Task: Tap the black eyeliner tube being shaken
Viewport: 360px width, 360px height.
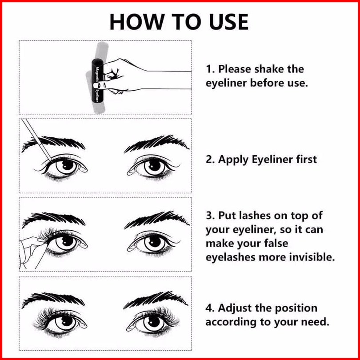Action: (x=97, y=81)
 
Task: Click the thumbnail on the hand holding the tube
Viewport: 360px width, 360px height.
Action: (x=96, y=85)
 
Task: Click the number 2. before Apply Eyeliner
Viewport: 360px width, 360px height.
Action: (x=210, y=160)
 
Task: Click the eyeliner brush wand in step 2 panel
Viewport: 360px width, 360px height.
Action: (x=37, y=140)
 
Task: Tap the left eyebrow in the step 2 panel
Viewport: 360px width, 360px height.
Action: (x=53, y=143)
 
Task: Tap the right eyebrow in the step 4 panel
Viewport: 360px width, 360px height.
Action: (x=156, y=300)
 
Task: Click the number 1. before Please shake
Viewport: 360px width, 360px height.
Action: (x=210, y=69)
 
